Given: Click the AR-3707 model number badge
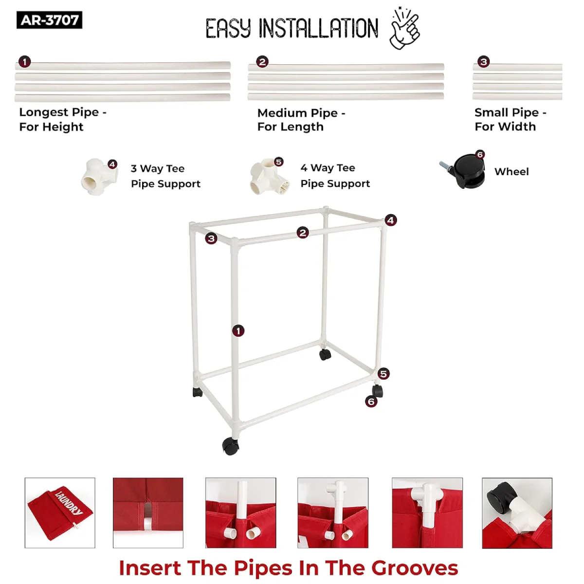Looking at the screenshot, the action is [49, 20].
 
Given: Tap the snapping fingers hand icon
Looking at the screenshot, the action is [405, 29].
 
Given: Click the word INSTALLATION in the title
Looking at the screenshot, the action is [318, 29].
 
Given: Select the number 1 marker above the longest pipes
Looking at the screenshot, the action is [24, 62].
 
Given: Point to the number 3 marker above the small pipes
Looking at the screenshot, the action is [483, 62].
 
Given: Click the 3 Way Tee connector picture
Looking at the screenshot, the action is [99, 177].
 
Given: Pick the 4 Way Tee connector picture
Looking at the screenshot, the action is [269, 176].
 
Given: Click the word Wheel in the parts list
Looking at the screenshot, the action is [511, 172].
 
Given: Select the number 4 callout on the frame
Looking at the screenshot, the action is [390, 220].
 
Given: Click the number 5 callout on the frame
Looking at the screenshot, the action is [383, 374].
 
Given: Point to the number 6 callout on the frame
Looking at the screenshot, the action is [371, 402].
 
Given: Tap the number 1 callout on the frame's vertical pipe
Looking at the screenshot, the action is [238, 330].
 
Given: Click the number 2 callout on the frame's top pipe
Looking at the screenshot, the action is [302, 233].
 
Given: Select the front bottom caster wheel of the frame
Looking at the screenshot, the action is [230, 445].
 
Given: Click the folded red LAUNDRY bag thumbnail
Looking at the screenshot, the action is [60, 513].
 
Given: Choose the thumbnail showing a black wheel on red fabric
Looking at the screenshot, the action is [517, 513].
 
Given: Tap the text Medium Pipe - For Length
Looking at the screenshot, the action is [301, 120].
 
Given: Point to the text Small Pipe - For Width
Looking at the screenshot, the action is [511, 119].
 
